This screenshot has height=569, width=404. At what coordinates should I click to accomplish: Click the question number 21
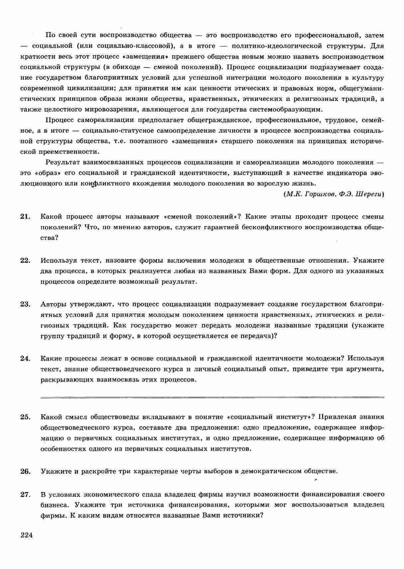[25, 217]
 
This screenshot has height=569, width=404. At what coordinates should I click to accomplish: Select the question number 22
[25, 260]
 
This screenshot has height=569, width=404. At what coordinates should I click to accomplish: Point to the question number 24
[25, 358]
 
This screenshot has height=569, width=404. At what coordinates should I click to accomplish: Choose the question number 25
[25, 417]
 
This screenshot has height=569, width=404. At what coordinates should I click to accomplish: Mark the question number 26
[25, 471]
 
